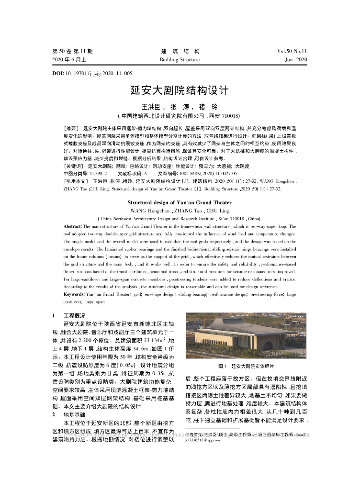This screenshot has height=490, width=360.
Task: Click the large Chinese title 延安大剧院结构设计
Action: [180, 90]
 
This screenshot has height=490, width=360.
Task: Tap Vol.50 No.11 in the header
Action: [292, 51]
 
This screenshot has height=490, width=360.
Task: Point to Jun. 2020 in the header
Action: [296, 60]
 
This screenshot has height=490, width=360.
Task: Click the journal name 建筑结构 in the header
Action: [180, 51]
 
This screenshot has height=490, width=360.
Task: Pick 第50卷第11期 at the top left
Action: [72, 51]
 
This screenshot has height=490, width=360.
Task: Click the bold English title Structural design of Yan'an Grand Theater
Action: [180, 202]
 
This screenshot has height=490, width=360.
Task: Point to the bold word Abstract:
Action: [72, 226]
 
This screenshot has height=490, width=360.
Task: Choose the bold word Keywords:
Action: [74, 293]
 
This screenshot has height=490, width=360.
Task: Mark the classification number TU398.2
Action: [95, 173]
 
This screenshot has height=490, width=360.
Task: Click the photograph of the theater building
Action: [246, 335]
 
